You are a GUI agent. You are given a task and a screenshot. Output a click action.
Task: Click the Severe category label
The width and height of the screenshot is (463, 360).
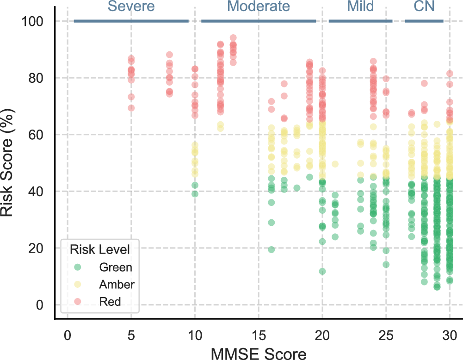pos(131,6)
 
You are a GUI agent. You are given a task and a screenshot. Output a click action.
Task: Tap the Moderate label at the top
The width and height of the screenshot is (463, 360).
pos(259,6)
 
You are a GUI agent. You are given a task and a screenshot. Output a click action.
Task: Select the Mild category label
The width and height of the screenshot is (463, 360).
pos(360,6)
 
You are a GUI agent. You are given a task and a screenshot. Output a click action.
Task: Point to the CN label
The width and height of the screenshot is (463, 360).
pos(424,6)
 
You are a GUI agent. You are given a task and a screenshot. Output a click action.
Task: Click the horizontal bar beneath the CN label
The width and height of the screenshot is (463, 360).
pos(424,21)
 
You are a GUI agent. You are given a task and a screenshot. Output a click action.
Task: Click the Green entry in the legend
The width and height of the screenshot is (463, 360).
pos(115,267)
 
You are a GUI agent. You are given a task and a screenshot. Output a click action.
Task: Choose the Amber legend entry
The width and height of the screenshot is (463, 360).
pos(117,284)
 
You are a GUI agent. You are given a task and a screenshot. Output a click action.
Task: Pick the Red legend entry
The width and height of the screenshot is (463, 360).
pos(110,302)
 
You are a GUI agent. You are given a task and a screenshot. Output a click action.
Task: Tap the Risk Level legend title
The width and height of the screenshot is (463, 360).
pos(99,249)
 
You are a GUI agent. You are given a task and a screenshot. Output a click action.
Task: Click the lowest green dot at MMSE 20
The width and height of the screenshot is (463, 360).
pos(322,271)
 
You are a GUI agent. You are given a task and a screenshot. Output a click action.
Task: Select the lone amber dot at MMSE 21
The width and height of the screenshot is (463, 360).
pos(335,164)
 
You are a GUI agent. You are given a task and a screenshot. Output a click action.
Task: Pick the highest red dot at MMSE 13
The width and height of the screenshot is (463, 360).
pos(233,38)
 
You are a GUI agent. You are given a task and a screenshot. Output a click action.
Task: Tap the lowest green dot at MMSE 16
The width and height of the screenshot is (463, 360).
pos(272,249)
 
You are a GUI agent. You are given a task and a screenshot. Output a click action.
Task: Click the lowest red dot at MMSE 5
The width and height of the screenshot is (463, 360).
pos(131,108)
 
